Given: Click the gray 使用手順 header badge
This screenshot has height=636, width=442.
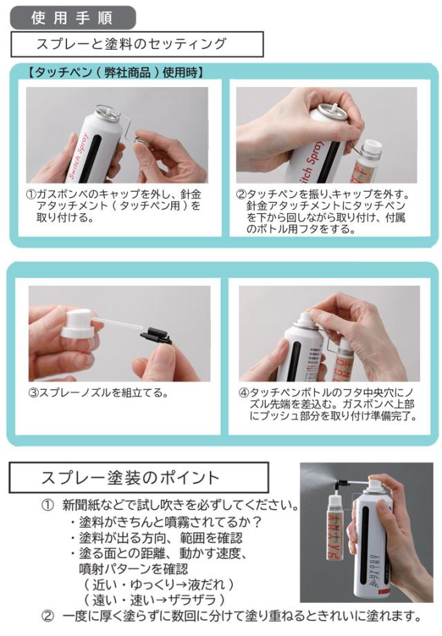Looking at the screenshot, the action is click(73, 17).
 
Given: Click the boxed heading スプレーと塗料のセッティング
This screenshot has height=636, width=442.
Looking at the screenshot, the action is click(137, 44).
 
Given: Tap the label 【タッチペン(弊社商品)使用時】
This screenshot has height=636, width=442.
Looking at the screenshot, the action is click(115, 72).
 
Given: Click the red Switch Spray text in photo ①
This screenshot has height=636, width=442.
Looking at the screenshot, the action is click(78, 156).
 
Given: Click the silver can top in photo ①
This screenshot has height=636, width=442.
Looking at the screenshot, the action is click(106, 112).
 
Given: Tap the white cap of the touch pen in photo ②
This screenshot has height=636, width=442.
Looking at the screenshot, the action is click(372, 148).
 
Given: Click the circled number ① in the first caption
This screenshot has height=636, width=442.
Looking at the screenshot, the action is click(31, 195).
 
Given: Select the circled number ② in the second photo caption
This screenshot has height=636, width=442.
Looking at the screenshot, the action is click(241, 195).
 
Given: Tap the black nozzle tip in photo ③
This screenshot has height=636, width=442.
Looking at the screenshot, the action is click(157, 335).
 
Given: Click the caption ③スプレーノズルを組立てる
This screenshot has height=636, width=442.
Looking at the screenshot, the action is click(98, 393).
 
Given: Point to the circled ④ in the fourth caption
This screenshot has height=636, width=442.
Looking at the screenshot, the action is click(243, 393).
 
